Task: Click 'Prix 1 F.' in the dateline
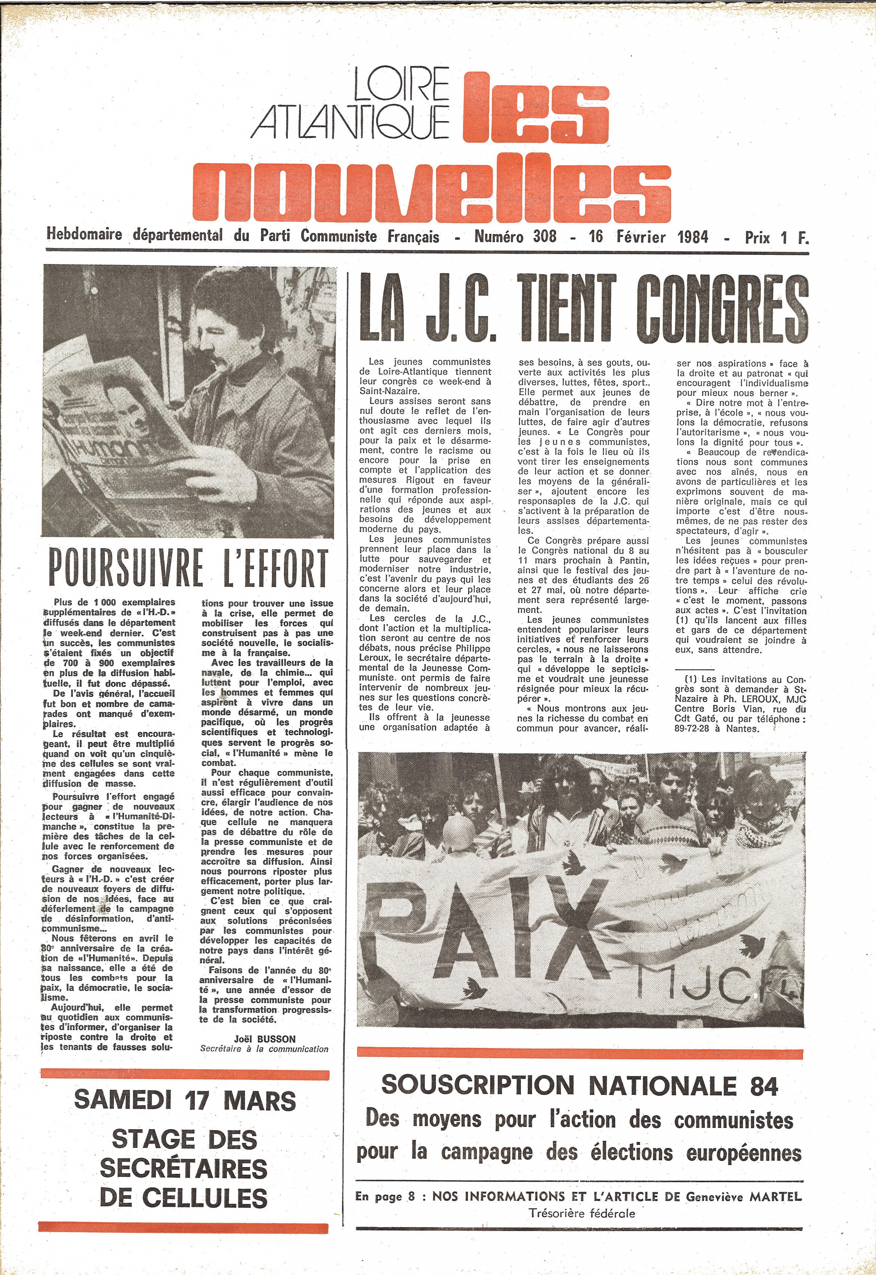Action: pyautogui.click(x=776, y=237)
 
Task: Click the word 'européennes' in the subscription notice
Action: pyautogui.click(x=744, y=1152)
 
